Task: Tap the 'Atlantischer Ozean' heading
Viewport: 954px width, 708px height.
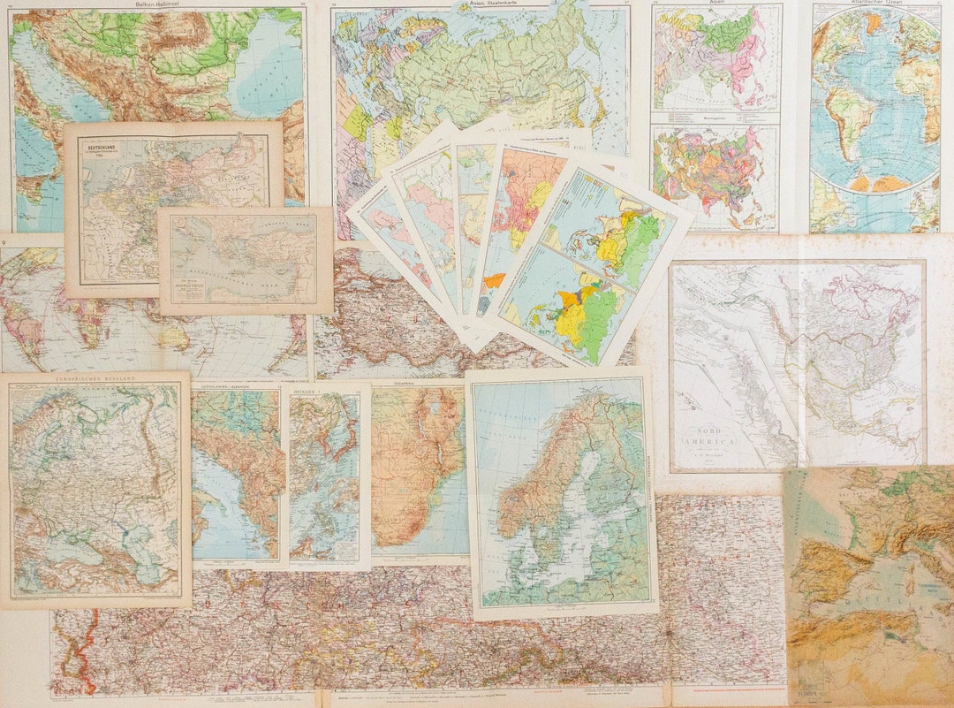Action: (875, 4)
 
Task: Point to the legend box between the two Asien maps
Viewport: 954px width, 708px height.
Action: (715, 118)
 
